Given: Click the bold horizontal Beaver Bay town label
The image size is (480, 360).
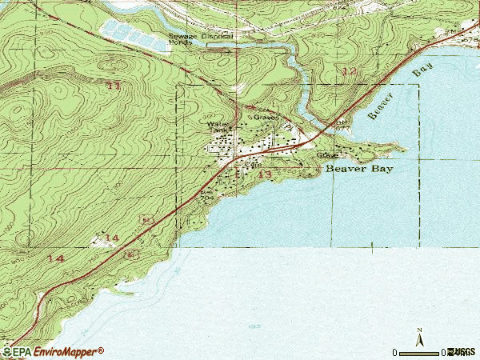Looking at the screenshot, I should coord(361,170).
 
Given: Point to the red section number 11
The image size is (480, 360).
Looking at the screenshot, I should coord(114,85).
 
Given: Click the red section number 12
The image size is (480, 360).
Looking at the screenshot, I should coord(348,72).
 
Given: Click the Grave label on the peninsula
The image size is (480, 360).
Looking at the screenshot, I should coord(326,154).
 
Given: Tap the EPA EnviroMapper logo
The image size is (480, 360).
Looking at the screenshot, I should coord(53,351).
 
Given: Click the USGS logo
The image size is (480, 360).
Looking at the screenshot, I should coord(462,351).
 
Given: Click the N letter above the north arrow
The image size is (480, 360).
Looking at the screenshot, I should coord(418,330).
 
